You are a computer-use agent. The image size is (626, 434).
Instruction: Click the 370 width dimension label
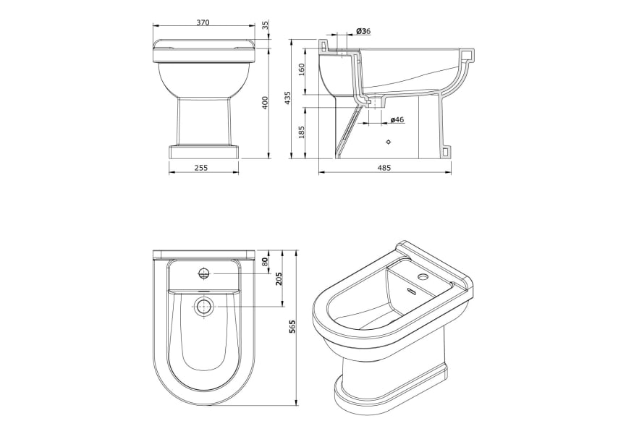203,22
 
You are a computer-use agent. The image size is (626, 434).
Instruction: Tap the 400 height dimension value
266,103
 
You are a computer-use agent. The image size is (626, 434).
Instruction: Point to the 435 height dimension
288,98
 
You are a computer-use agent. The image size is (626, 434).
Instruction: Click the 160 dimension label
302,70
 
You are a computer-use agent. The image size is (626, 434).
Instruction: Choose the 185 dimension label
302,132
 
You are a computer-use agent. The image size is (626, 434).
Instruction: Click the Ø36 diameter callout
363,31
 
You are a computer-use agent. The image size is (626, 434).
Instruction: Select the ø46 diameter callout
397,119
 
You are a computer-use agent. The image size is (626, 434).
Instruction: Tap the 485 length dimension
384,168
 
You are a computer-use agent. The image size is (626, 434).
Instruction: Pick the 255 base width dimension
201,168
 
